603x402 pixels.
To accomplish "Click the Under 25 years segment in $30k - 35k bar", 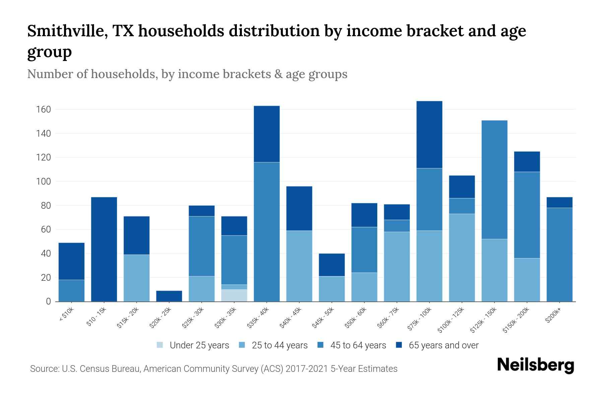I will point(234,295).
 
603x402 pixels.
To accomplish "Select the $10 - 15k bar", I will point(104,249).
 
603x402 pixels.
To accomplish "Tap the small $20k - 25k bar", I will point(169,296).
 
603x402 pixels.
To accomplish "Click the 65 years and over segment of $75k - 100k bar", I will point(429,135).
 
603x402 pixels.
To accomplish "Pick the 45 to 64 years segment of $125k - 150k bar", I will point(494,180).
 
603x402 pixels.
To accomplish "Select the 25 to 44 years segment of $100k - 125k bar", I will point(462,258).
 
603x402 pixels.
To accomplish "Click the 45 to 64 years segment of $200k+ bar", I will point(559,255).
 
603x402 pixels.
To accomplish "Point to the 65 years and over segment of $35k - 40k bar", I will point(267,134).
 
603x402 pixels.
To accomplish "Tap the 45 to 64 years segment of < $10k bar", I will point(71,290).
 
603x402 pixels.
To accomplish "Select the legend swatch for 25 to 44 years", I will point(242,345).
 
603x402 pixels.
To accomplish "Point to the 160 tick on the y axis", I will point(43,110).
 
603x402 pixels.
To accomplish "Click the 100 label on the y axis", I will point(43,182).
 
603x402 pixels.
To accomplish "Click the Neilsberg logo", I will point(536,365).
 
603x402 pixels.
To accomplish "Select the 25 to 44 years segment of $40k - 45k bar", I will point(299,266).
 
